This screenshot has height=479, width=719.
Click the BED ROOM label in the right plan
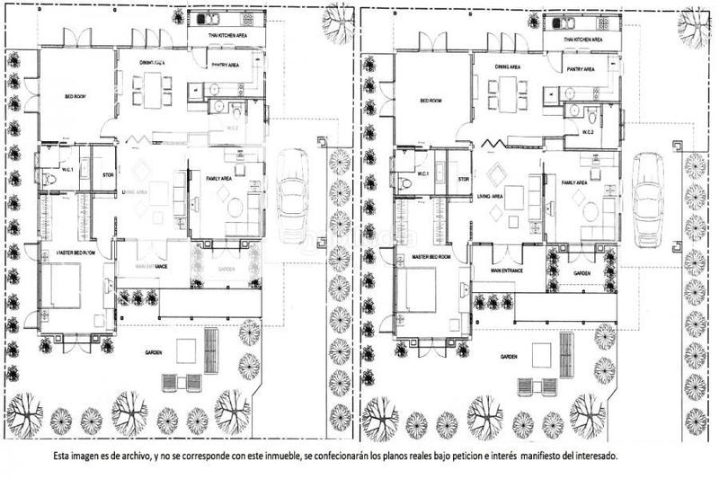pos(431,101)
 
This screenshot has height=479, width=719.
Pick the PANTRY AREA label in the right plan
pos(580,68)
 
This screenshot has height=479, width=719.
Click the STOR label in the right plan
pos(465,179)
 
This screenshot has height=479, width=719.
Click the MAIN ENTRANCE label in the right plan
pos(508,270)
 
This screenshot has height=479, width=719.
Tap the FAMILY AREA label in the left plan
pos(219,179)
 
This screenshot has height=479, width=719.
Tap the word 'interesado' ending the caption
pos(590,457)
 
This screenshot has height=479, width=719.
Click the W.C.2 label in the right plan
pos(589,133)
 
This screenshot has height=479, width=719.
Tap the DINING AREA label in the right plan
pos(510,67)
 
